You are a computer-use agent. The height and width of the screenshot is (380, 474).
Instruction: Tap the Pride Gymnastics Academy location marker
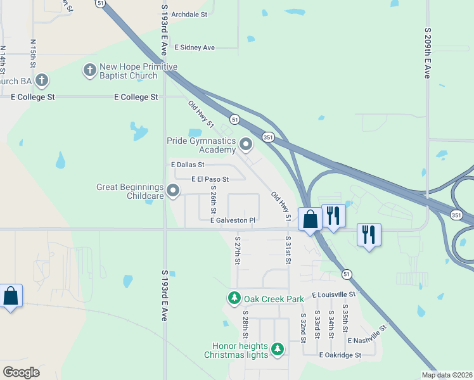246,146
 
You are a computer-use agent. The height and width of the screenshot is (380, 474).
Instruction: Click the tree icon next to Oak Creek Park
234,298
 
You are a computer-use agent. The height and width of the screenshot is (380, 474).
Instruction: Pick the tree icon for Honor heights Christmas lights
277,349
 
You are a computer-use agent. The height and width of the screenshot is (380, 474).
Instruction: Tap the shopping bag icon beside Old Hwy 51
311,220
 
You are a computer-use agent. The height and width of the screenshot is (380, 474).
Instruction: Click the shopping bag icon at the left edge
11,296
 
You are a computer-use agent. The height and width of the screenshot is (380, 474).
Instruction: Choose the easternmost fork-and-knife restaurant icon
368,234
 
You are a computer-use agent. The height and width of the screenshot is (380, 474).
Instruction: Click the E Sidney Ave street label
195,47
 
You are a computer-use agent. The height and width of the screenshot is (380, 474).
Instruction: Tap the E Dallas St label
188,164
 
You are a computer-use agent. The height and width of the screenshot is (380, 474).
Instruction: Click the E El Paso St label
210,179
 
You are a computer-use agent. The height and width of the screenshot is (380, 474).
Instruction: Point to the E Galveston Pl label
233,220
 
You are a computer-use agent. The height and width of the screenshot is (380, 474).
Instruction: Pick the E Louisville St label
335,295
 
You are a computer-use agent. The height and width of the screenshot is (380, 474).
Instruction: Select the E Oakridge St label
340,355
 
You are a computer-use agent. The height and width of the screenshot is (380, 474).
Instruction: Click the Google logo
21,372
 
